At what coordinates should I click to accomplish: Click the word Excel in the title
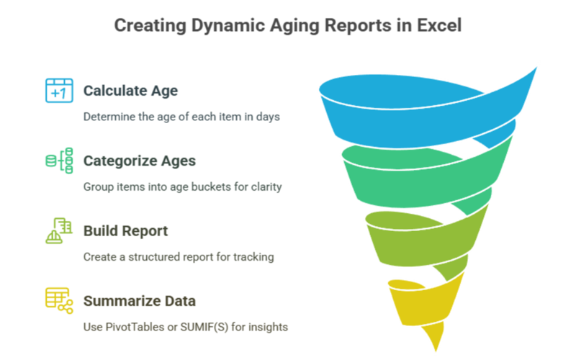click(439, 26)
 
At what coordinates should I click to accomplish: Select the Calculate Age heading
click(130, 91)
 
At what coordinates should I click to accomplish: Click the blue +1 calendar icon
click(59, 91)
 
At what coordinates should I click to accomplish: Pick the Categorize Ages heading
click(139, 161)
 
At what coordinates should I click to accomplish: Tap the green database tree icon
click(59, 161)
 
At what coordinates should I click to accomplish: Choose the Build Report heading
click(125, 231)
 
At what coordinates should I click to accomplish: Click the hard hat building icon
click(59, 230)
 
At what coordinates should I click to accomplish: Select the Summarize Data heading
click(139, 301)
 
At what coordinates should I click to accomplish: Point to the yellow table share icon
click(59, 300)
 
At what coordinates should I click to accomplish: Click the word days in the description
click(268, 117)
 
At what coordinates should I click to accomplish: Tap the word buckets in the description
click(211, 186)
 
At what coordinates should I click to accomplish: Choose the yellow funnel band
click(423, 305)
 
